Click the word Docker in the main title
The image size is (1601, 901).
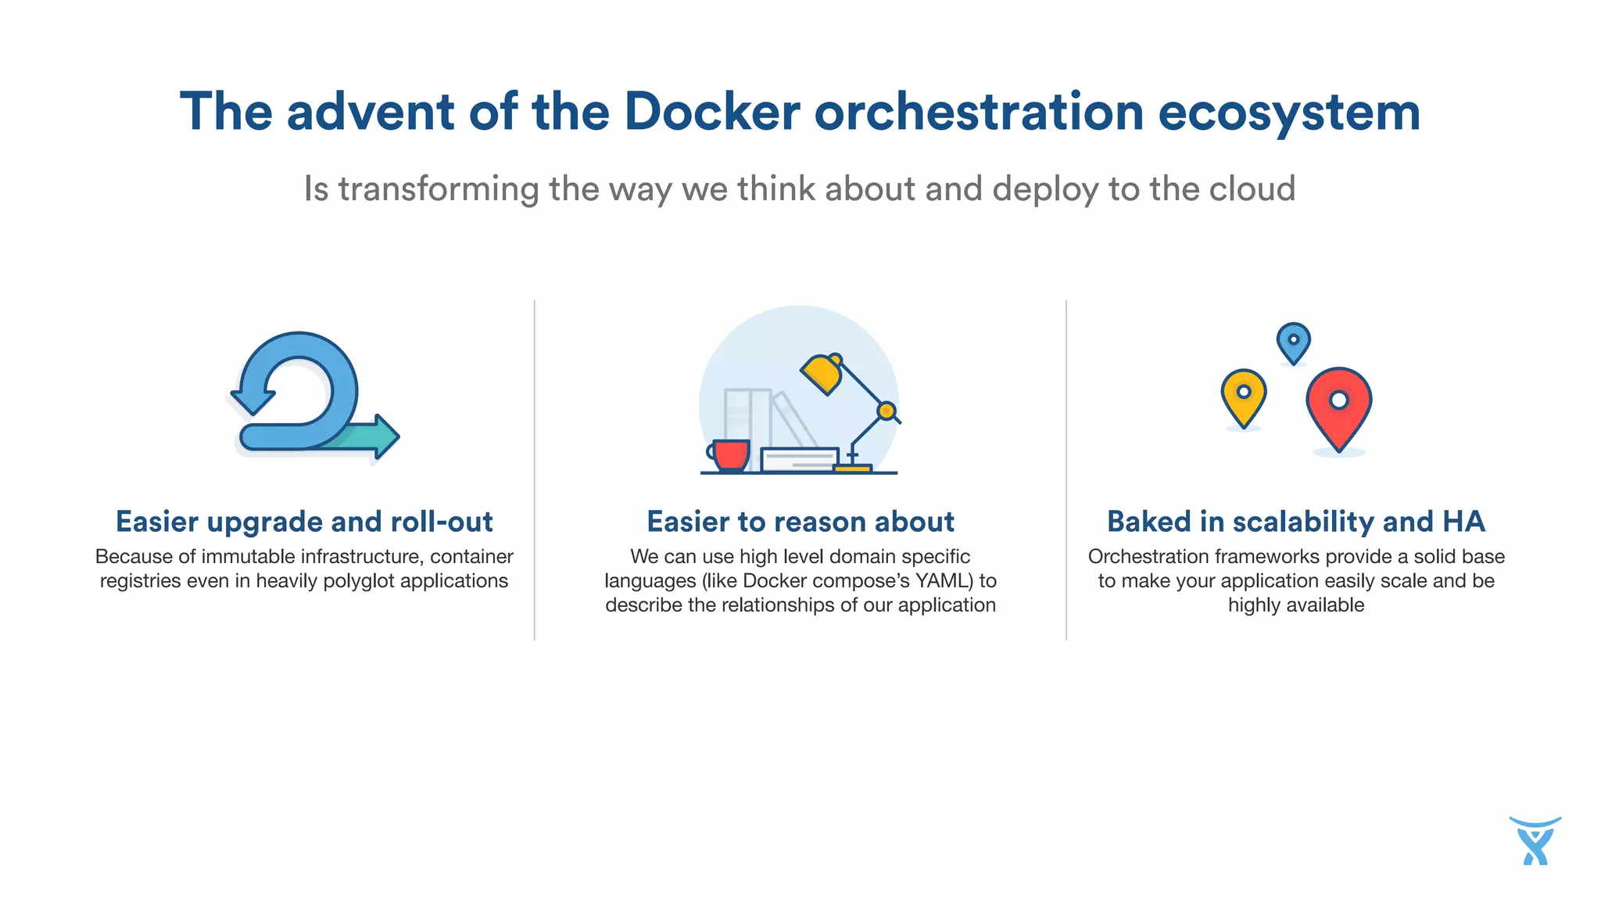tap(711, 112)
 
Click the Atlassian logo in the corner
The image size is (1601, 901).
tap(1535, 841)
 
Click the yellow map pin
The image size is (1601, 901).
tap(1243, 395)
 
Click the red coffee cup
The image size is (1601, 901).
tap(731, 454)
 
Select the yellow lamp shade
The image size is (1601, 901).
tap(821, 374)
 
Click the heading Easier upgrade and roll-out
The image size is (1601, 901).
tap(304, 522)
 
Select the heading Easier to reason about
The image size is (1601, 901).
tap(800, 522)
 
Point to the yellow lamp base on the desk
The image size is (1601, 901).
tap(852, 468)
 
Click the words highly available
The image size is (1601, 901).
tap(1295, 605)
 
